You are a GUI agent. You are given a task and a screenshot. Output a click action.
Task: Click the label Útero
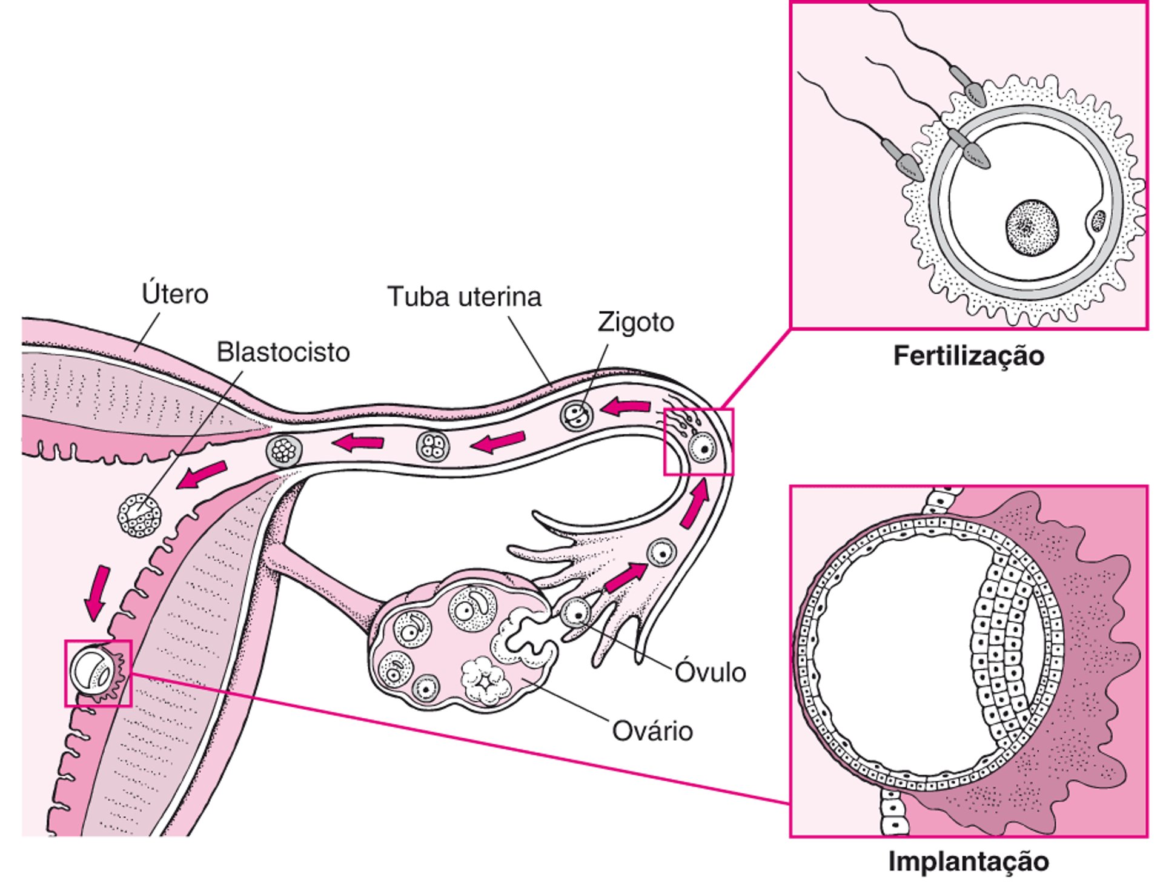[174, 294]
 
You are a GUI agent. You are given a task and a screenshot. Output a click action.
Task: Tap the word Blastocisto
[283, 352]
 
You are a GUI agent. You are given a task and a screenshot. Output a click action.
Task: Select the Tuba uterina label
[464, 297]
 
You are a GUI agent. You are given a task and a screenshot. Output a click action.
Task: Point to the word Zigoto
[635, 322]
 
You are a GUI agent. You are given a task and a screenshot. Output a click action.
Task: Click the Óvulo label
[710, 672]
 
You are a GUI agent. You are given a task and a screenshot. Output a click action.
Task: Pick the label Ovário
[652, 731]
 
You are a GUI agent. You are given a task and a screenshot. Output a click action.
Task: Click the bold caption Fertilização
[969, 356]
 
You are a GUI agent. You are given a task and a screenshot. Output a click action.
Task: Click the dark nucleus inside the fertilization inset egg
[1032, 228]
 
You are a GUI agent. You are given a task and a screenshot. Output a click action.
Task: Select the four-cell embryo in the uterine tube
[433, 446]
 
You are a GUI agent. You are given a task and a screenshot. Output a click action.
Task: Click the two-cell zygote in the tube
[575, 415]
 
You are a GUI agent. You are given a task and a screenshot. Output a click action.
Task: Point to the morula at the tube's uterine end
[283, 451]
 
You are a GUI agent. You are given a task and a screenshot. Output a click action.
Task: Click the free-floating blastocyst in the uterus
[140, 516]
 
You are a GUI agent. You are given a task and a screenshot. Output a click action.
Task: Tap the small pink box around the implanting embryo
[98, 673]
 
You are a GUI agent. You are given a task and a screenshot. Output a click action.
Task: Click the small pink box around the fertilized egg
[698, 442]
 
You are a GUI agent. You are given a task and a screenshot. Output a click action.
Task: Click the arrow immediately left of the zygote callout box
[625, 407]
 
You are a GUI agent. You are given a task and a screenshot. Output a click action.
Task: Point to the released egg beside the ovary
[575, 614]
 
